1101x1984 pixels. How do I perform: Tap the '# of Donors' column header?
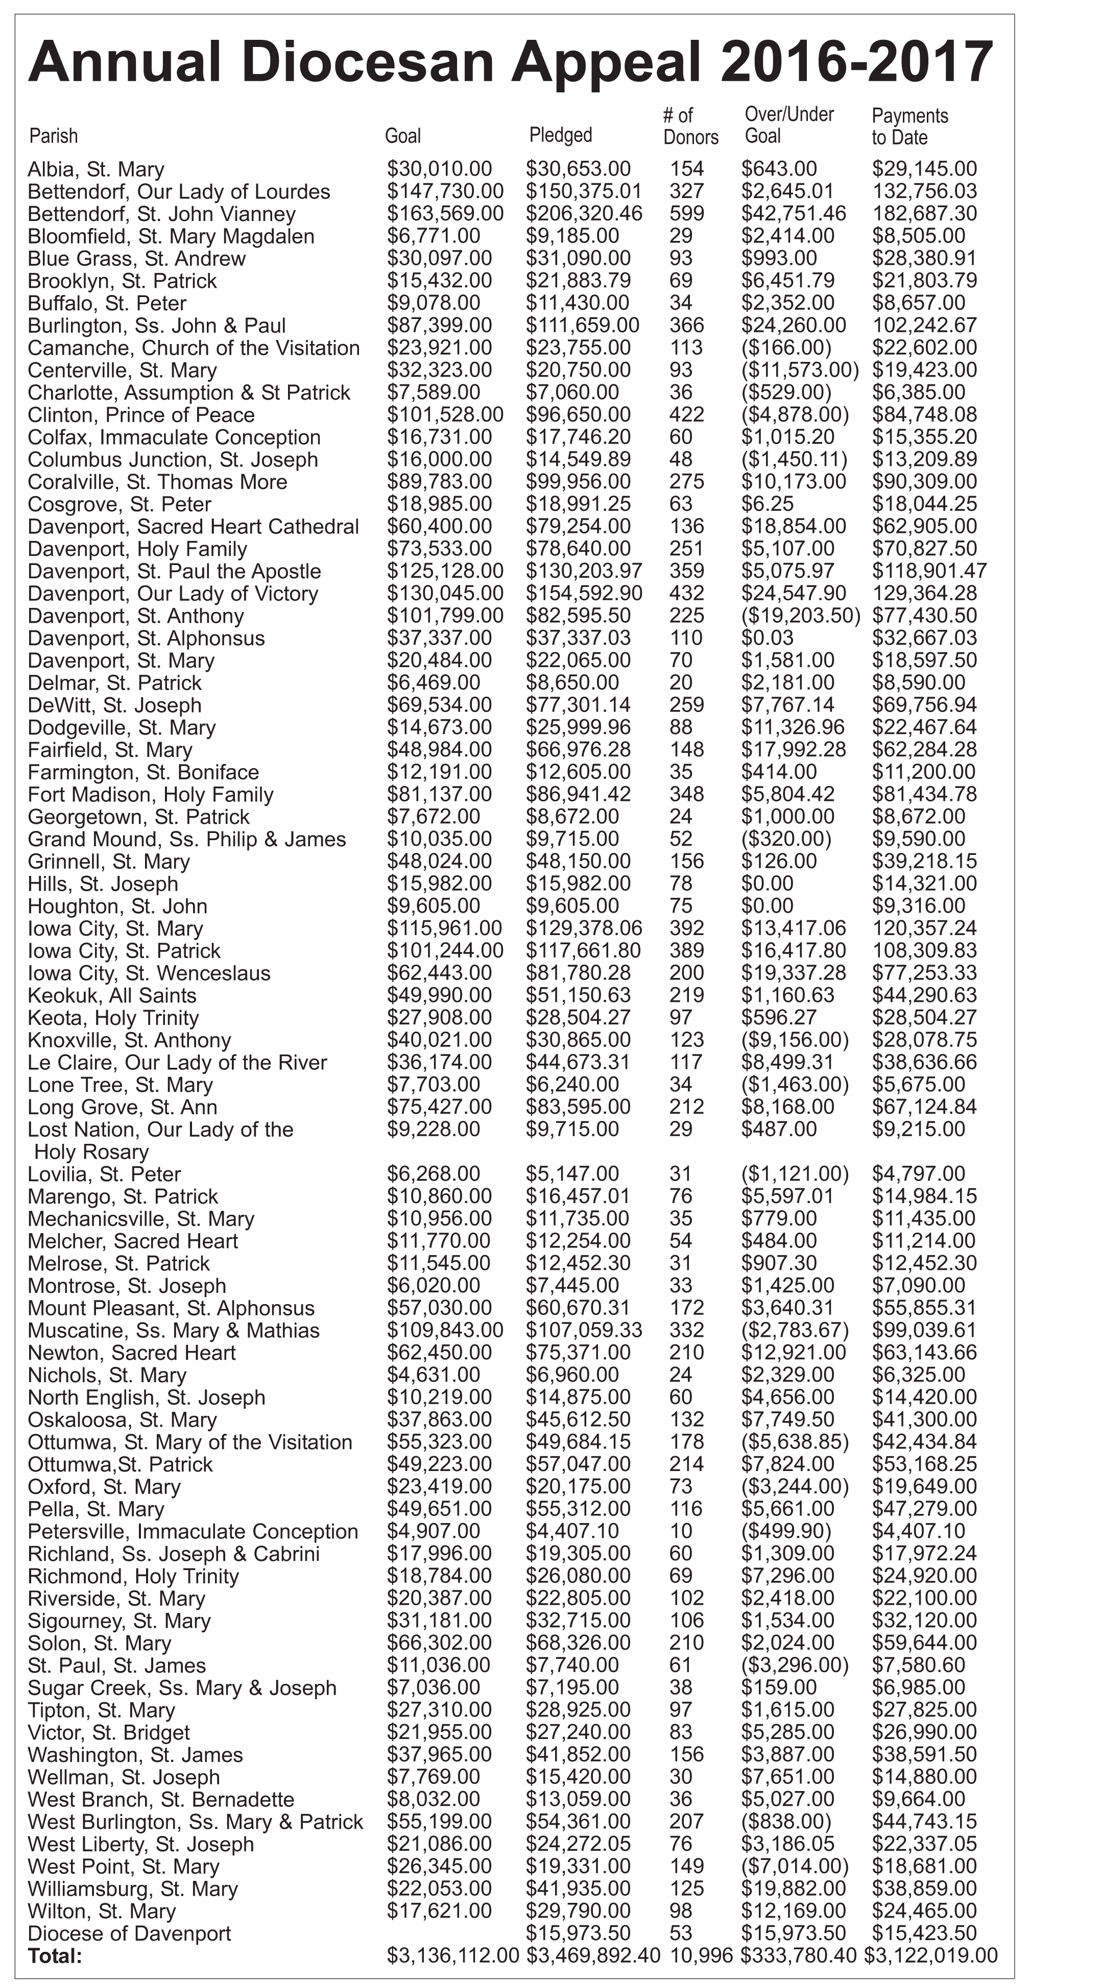(x=689, y=126)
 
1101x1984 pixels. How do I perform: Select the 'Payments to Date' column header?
(x=909, y=126)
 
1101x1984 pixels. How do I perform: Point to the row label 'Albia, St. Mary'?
(x=95, y=169)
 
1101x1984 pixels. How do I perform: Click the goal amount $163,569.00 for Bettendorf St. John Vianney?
(x=445, y=213)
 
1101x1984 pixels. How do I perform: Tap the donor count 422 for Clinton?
(x=686, y=414)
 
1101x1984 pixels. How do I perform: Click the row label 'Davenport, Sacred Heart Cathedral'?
(x=193, y=527)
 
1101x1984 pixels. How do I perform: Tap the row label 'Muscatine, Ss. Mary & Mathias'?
(x=173, y=1331)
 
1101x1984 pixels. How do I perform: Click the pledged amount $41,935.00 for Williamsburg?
(x=578, y=1889)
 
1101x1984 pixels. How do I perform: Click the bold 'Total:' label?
(x=54, y=1956)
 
